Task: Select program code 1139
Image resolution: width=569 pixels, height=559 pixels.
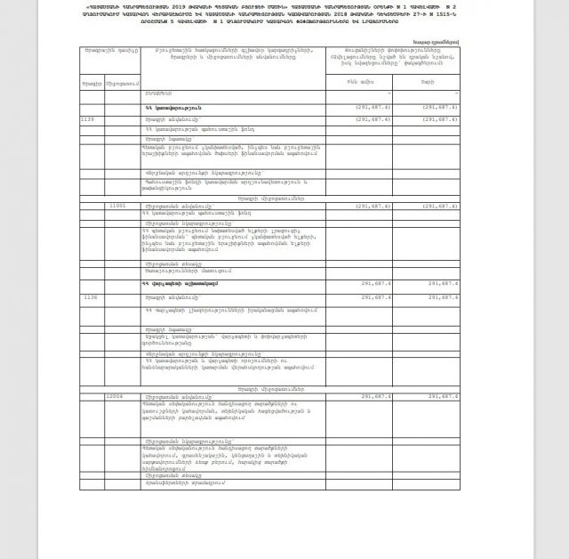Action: click(87, 117)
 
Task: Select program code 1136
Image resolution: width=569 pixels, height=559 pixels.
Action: click(88, 296)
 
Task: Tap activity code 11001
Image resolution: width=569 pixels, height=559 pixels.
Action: click(117, 205)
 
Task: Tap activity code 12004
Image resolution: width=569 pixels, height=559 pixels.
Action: click(117, 394)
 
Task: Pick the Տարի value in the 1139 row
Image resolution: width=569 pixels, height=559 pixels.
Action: click(441, 117)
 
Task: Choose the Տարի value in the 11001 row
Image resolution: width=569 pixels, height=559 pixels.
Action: click(441, 205)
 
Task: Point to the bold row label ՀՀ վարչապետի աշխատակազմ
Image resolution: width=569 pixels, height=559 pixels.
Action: click(179, 282)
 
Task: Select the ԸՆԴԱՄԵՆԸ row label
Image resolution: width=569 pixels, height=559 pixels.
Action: click(158, 93)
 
